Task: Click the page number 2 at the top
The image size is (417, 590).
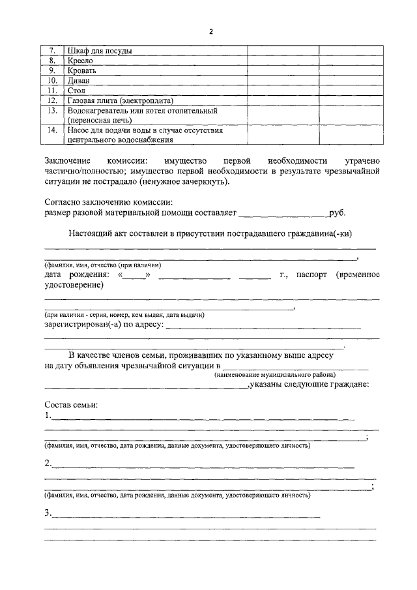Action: point(211,32)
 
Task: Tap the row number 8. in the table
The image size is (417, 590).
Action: point(55,60)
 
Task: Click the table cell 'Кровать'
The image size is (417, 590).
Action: point(82,70)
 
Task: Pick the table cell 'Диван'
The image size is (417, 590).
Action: point(79,80)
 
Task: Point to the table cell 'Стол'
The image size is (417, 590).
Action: point(76,91)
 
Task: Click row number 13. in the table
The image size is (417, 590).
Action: point(55,111)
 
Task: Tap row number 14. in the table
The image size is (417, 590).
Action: point(55,130)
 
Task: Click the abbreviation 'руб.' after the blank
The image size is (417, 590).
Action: point(337,213)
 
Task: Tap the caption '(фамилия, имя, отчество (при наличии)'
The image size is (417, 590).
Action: point(103,265)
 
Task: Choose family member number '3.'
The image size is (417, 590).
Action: point(48,513)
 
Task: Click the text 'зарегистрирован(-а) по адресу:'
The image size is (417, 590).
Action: point(104,323)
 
